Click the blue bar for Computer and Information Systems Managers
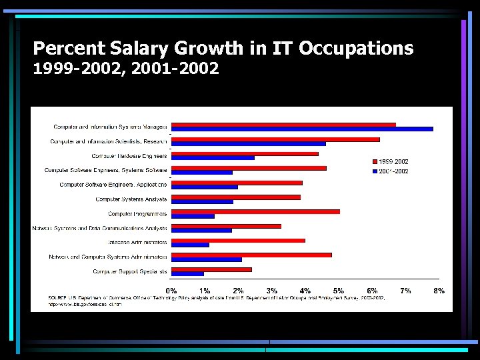tap(302, 129)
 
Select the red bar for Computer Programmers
tap(255, 211)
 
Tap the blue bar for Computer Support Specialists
tap(187, 273)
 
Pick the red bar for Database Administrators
tap(238, 241)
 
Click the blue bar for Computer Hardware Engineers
tap(213, 158)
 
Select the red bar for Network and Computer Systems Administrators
tap(251, 255)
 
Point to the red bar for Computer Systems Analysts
tap(236, 197)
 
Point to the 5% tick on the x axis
tap(339, 291)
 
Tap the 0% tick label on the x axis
tap(171, 291)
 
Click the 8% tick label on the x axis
tap(439, 291)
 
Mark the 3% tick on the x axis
tap(272, 291)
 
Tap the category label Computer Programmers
tap(137, 214)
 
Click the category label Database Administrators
tap(137, 242)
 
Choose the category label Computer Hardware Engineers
tap(129, 156)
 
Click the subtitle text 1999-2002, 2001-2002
tap(126, 68)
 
